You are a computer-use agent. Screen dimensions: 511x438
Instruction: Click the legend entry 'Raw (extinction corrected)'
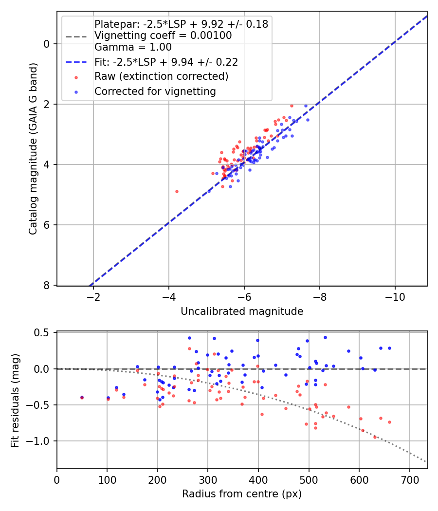(161, 76)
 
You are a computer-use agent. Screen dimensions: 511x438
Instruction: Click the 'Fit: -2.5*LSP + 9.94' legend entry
(166, 62)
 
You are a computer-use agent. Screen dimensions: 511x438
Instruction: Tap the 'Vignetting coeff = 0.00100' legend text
(163, 36)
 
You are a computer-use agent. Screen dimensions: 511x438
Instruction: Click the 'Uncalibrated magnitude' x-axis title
(242, 311)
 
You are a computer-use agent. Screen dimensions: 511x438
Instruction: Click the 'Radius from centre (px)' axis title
(242, 494)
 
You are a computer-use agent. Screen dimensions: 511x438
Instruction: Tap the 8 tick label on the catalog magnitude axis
(47, 285)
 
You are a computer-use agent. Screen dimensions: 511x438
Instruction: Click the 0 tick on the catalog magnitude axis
(47, 44)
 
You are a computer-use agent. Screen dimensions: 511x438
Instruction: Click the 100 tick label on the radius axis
(107, 480)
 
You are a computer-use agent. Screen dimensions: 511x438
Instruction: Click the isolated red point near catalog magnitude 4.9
(177, 191)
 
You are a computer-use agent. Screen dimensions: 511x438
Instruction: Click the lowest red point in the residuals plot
(375, 437)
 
